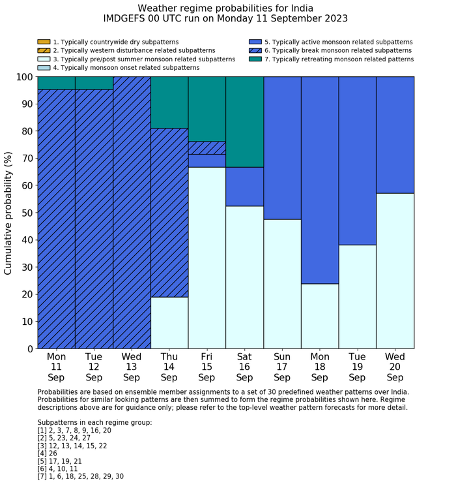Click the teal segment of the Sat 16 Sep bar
(x=244, y=121)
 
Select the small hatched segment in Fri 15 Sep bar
(x=207, y=148)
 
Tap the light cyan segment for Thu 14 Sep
(x=169, y=322)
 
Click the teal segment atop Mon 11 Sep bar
(x=56, y=83)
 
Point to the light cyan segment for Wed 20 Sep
(x=395, y=271)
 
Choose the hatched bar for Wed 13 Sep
(x=132, y=212)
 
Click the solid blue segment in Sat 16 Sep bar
(x=244, y=187)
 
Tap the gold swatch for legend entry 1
(x=44, y=42)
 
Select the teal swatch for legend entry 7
(x=255, y=59)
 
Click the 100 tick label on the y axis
(x=23, y=77)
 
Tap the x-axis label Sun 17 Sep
(x=282, y=367)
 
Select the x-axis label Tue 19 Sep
(x=358, y=367)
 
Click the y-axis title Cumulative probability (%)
(x=8, y=213)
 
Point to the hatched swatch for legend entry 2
(x=44, y=50)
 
